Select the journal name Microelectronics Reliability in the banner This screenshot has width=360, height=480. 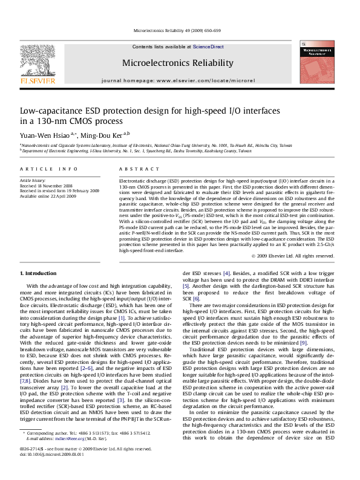(x=177, y=63)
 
